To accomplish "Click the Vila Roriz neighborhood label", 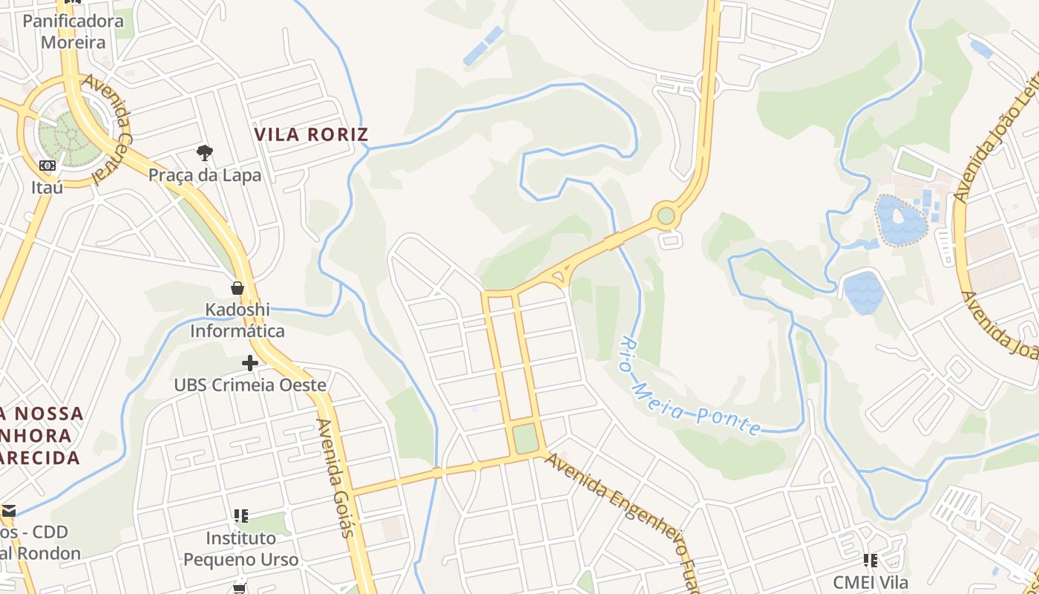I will tap(311, 134).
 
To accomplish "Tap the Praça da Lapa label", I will tap(205, 175).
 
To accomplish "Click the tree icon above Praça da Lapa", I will tap(205, 154).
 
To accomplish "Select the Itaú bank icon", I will tap(47, 165).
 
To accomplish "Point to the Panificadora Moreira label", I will tap(73, 31).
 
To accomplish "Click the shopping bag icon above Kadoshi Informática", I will tap(237, 288).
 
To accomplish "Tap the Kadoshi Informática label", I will tap(237, 320).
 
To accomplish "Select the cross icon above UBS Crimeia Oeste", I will tap(250, 363).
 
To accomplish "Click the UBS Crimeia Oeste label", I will tap(250, 385).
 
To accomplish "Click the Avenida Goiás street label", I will tap(335, 477).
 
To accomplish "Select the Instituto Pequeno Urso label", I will tap(241, 549).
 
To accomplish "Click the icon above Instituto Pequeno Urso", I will tap(241, 515).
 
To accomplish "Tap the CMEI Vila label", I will tap(871, 582).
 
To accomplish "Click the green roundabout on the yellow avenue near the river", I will tap(666, 216).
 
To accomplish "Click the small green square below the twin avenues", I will tap(525, 438).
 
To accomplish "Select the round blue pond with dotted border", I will tap(899, 221).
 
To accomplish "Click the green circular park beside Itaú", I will tap(71, 133).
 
